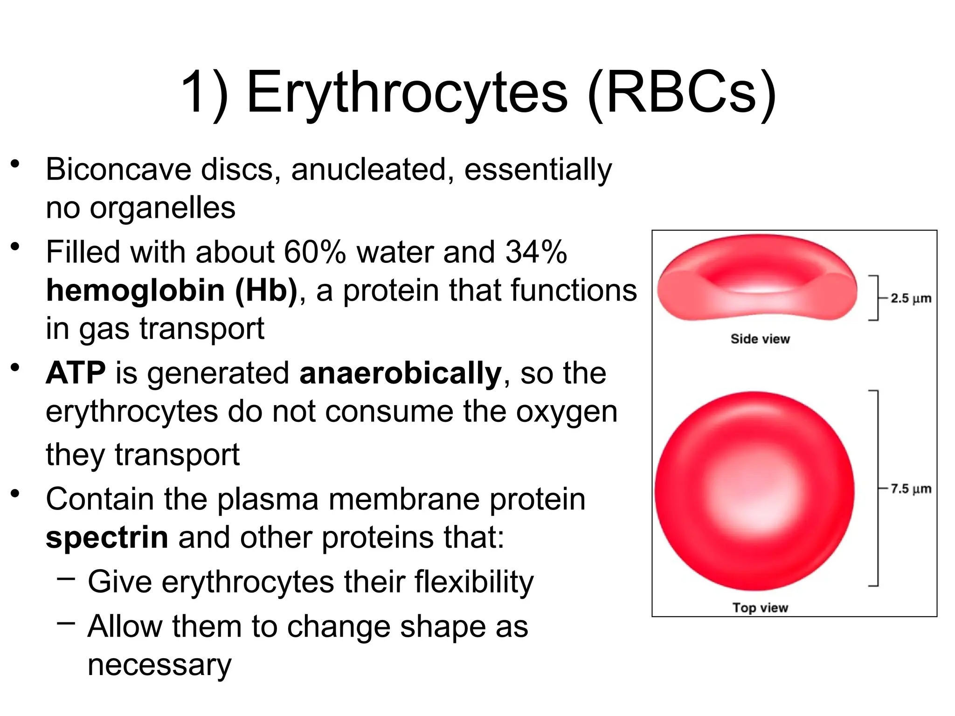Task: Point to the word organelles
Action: pos(162,208)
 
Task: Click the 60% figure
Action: pos(315,252)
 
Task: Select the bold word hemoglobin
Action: pos(135,290)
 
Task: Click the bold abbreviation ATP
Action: pos(76,373)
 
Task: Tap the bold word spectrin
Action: pos(107,537)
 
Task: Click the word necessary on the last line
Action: pos(159,665)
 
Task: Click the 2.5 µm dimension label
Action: pos(910,298)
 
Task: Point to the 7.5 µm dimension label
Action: pos(910,489)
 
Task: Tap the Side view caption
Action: pos(760,339)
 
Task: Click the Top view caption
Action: pos(760,607)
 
